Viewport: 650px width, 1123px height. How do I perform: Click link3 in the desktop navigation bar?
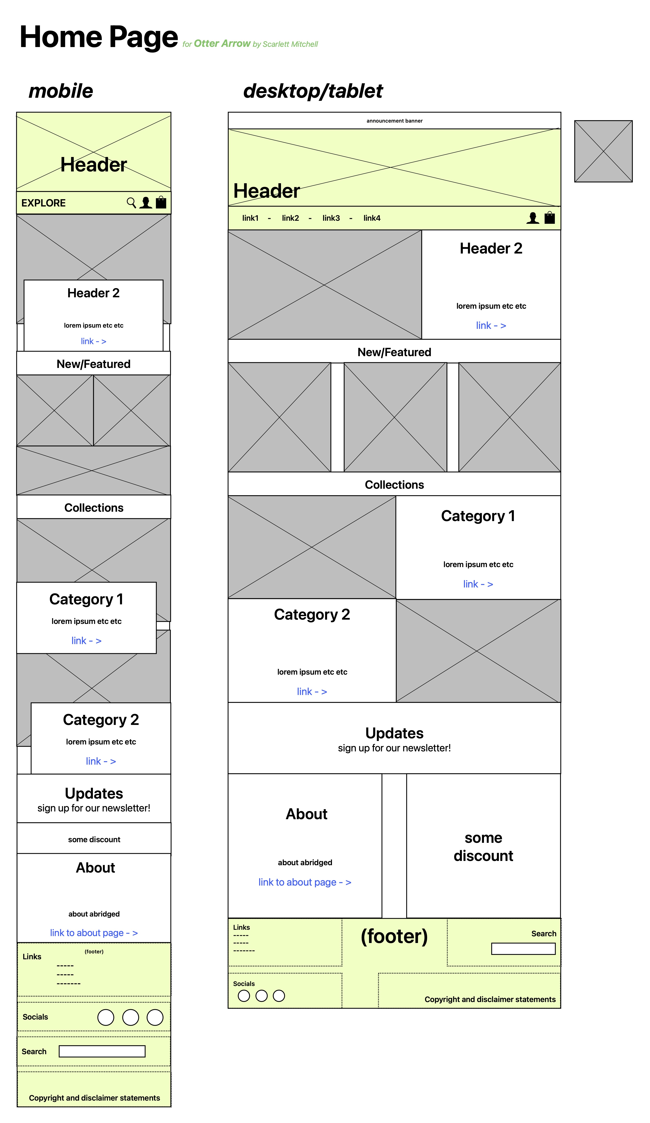(331, 218)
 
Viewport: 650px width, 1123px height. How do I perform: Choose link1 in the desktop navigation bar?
(250, 218)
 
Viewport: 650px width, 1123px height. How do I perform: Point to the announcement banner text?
(394, 121)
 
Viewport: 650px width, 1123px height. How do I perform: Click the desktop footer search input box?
(523, 949)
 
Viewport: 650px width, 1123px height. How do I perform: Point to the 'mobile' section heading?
(61, 91)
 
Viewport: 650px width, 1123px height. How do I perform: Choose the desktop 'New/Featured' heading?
(394, 352)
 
